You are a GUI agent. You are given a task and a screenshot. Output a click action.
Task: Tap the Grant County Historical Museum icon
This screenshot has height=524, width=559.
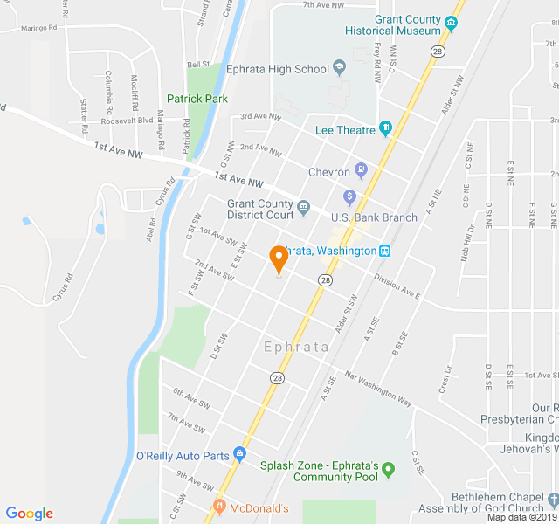click(452, 23)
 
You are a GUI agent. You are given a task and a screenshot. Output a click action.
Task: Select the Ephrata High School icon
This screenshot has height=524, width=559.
click(340, 69)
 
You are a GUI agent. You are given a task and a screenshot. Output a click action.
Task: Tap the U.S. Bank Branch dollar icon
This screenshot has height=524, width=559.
click(349, 196)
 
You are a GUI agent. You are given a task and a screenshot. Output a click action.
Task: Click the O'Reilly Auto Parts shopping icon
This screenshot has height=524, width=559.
click(239, 455)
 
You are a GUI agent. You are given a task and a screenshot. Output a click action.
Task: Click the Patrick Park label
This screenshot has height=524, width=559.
click(197, 99)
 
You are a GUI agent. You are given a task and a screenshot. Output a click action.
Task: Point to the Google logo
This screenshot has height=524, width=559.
click(29, 514)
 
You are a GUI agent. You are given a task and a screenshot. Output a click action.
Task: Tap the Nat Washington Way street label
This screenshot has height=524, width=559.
click(378, 390)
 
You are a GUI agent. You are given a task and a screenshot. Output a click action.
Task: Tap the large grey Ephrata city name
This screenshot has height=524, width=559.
click(296, 347)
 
